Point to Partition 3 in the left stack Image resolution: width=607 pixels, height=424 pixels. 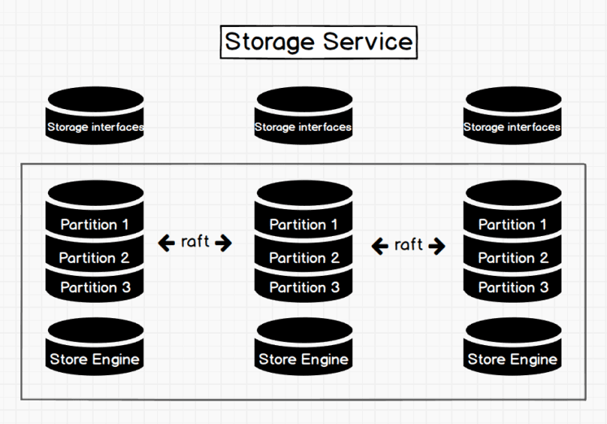(x=95, y=286)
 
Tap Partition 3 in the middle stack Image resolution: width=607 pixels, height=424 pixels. (x=303, y=286)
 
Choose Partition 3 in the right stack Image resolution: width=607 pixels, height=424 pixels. (x=513, y=286)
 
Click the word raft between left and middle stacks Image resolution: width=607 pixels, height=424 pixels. (x=195, y=242)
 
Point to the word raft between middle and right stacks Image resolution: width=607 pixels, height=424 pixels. (x=408, y=244)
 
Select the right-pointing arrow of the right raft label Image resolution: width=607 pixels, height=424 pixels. (x=437, y=245)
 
